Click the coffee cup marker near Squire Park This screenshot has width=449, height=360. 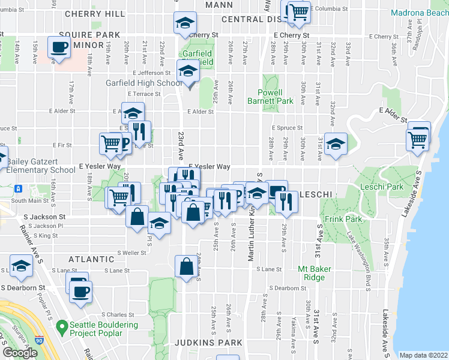[59, 47]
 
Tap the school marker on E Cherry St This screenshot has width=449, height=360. [185, 23]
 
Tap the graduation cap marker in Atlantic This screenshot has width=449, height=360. [21, 266]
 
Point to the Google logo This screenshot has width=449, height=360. [20, 353]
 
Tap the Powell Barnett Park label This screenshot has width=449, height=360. [270, 97]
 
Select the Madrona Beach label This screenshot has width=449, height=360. [419, 12]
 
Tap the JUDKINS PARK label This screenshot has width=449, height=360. [208, 343]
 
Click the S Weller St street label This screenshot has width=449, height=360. [132, 253]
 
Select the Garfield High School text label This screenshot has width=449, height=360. [143, 83]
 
